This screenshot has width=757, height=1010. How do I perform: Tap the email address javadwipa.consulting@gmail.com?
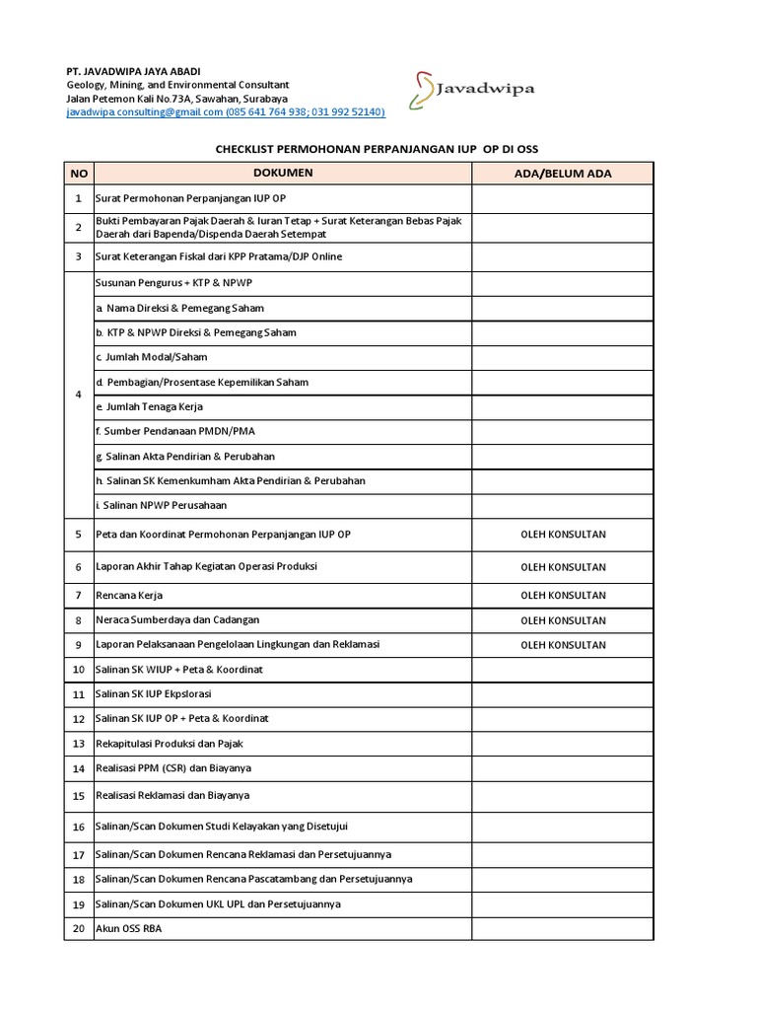point(144,112)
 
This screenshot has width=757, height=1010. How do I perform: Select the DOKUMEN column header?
point(282,174)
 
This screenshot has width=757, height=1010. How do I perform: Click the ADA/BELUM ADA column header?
point(562,174)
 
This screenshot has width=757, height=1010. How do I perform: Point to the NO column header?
point(79,174)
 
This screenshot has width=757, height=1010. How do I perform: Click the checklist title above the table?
point(378,149)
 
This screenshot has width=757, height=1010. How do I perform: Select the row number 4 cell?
point(79,395)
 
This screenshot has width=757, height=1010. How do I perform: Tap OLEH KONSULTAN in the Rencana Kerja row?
point(562,596)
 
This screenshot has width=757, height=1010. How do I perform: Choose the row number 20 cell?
point(79,928)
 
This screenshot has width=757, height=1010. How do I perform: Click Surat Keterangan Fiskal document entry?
point(217,256)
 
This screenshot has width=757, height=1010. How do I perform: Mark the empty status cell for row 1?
point(562,199)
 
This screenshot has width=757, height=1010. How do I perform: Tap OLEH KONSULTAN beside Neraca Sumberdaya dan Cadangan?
point(562,620)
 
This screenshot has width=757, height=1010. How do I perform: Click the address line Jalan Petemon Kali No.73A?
point(176,100)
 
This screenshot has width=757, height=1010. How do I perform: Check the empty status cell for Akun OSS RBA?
point(562,928)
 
